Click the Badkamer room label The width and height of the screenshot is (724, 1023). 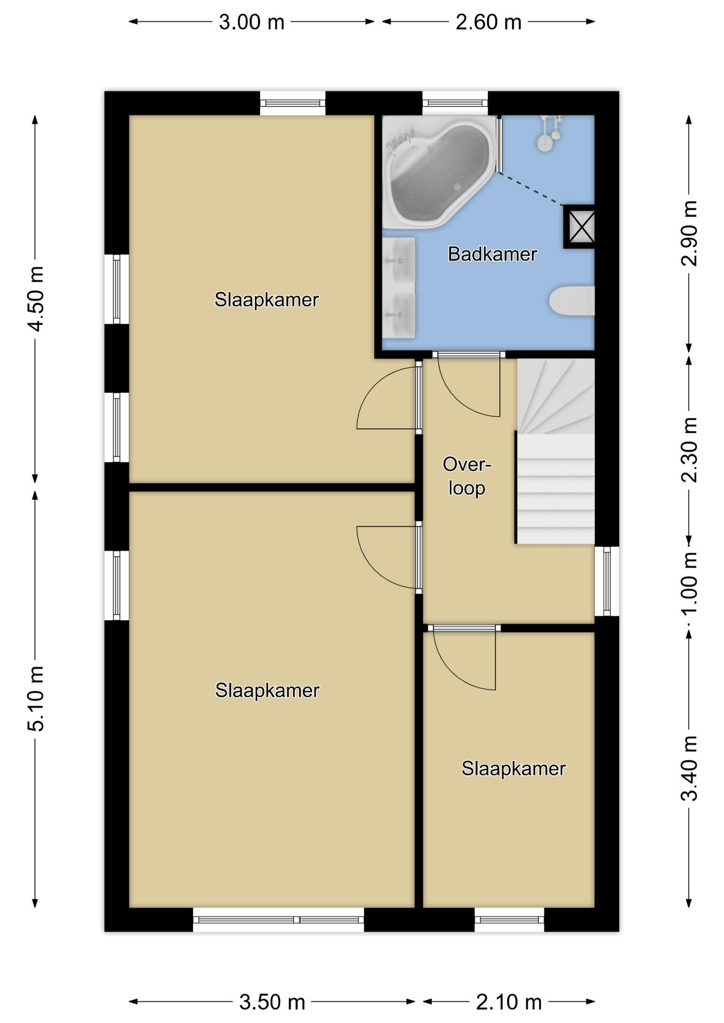(492, 254)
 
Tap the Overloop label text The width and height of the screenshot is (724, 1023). (466, 476)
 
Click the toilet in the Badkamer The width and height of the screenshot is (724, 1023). (572, 301)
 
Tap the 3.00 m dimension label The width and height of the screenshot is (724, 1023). (252, 22)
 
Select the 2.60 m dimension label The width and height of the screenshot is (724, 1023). (488, 22)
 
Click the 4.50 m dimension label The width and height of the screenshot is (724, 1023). (36, 298)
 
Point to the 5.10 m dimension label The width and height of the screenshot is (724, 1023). (36, 699)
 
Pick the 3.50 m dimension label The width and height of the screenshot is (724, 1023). (272, 1002)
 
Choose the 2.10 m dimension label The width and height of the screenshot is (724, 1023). (509, 1002)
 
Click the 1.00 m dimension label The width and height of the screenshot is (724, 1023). (689, 582)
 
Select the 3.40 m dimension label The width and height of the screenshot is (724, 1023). (689, 768)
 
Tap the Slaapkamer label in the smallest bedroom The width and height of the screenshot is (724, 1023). (513, 769)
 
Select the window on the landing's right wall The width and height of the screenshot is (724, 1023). (607, 581)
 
